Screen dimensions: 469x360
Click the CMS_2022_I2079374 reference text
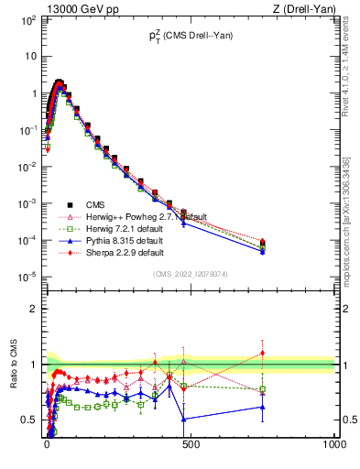[190, 273]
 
